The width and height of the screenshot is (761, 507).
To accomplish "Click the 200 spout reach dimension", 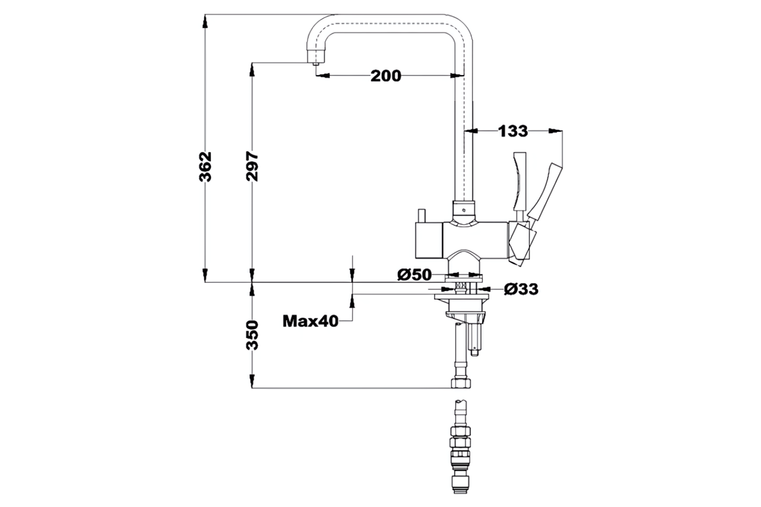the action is [386, 76].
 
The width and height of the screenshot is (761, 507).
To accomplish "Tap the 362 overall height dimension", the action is [205, 166].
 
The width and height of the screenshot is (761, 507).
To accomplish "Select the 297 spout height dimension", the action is [252, 166].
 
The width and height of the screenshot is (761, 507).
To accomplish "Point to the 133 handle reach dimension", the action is [513, 131].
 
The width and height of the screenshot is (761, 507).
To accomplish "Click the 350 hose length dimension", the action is [252, 335].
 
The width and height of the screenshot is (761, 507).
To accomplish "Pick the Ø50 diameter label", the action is [414, 275].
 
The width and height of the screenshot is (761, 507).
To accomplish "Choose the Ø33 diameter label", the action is [521, 289].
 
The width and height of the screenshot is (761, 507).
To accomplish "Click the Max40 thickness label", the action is [310, 321].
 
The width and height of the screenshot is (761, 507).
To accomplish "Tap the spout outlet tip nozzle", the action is [316, 63].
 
